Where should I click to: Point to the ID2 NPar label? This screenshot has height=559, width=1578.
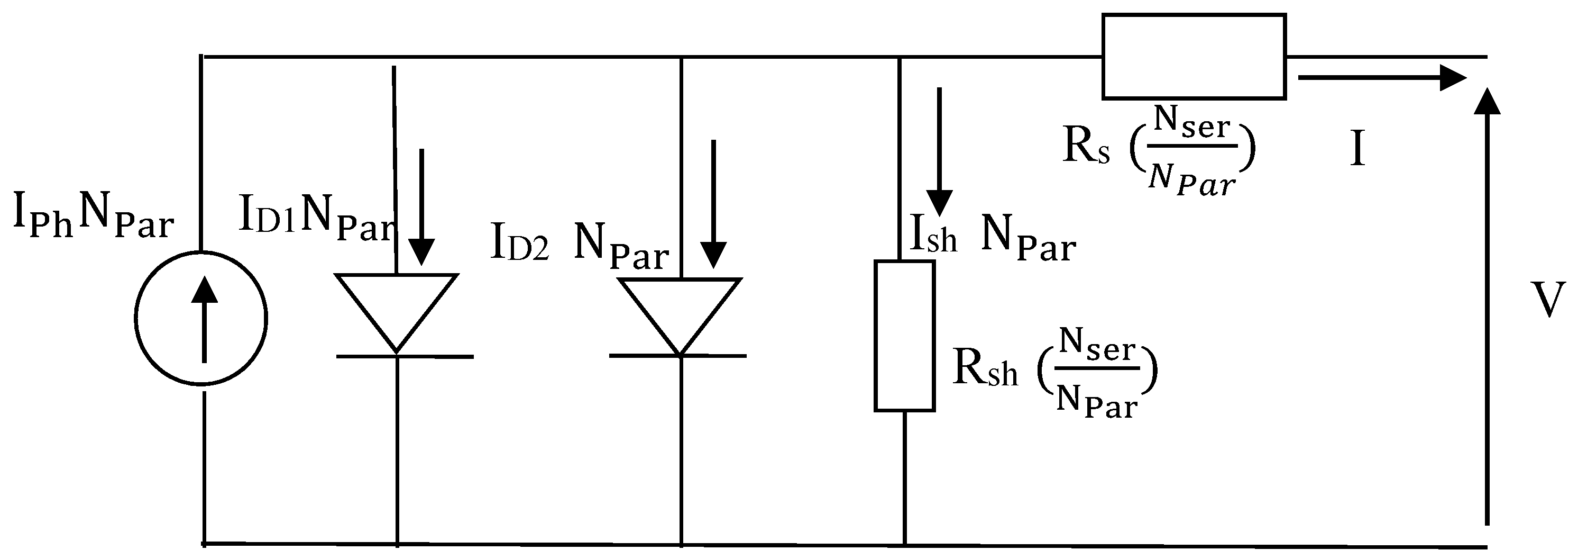point(580,245)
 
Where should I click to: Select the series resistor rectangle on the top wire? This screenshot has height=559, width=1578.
point(1194,57)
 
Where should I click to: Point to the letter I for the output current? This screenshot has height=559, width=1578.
point(1357,150)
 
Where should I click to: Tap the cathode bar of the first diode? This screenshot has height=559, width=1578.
point(405,356)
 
